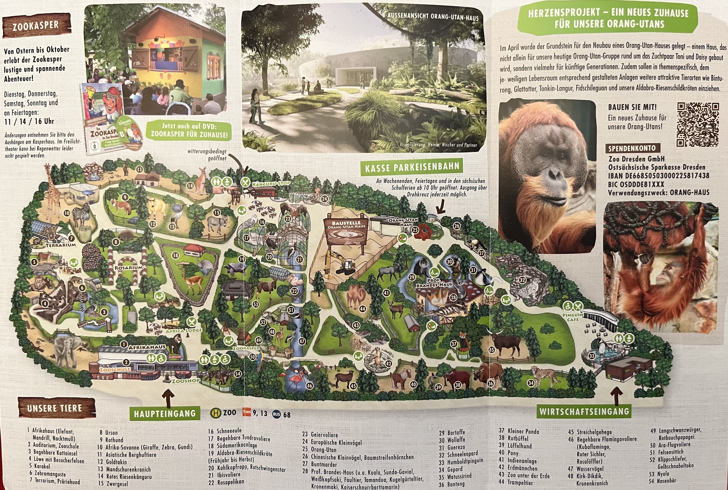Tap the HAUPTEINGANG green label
[165, 413]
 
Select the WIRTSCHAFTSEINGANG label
[584, 411]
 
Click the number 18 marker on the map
[176, 255]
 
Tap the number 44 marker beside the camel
[363, 309]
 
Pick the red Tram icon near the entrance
[247, 412]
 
